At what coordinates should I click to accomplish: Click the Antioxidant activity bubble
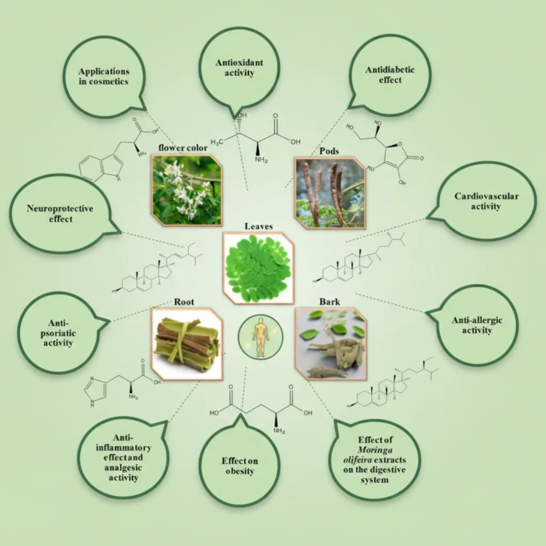(x=239, y=68)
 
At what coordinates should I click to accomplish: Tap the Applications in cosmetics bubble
(x=103, y=76)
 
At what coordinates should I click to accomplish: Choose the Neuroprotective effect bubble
(x=60, y=213)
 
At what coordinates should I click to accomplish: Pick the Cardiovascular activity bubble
(x=486, y=201)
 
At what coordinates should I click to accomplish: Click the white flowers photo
(x=187, y=190)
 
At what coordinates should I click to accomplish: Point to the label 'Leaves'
(x=259, y=226)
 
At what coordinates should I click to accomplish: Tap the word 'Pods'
(x=330, y=151)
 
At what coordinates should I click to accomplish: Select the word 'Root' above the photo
(x=183, y=301)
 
